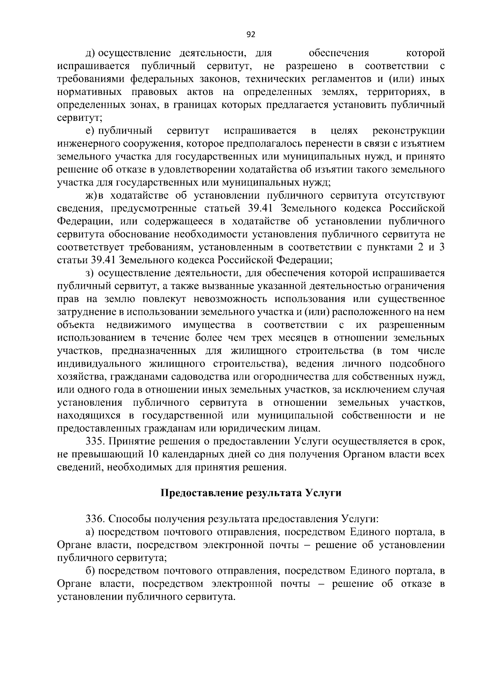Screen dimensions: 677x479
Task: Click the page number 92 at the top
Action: click(x=251, y=35)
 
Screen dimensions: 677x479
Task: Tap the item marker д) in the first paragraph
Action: click(x=91, y=53)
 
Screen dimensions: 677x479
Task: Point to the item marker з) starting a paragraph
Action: click(x=90, y=273)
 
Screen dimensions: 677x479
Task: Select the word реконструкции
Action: click(x=408, y=131)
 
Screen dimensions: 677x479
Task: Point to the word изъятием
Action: click(x=424, y=144)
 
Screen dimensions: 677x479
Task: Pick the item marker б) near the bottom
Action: click(x=90, y=571)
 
